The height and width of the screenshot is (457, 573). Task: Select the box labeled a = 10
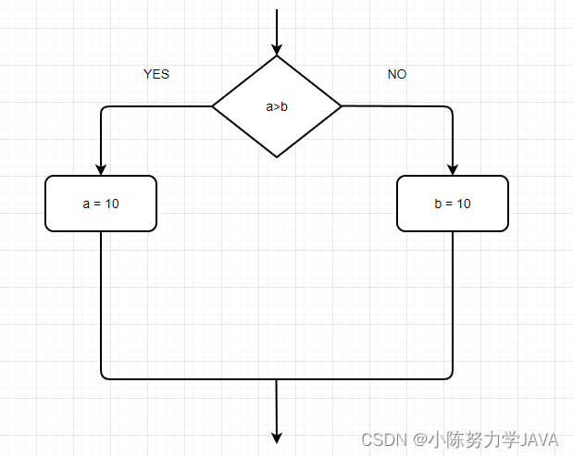pos(101,204)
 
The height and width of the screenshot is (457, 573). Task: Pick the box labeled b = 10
pos(453,204)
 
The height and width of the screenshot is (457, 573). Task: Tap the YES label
pos(156,74)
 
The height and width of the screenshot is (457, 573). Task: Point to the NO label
pos(397,74)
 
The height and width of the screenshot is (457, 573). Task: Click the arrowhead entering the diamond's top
pos(277,48)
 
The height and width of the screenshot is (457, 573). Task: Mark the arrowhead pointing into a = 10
pos(101,168)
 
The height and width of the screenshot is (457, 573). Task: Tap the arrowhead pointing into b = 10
pos(453,168)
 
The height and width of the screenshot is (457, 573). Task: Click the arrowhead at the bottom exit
pos(277,437)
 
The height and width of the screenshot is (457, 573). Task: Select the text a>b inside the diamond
pos(277,106)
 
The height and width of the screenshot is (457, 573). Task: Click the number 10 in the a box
pos(111,204)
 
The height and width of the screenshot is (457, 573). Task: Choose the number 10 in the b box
pos(463,204)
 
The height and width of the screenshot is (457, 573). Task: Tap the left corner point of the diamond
pos(213,106)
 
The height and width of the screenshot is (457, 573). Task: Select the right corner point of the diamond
pos(341,106)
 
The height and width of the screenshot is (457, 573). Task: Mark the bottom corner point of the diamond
pos(277,156)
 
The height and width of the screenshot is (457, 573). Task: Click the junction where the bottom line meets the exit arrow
pos(277,378)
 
